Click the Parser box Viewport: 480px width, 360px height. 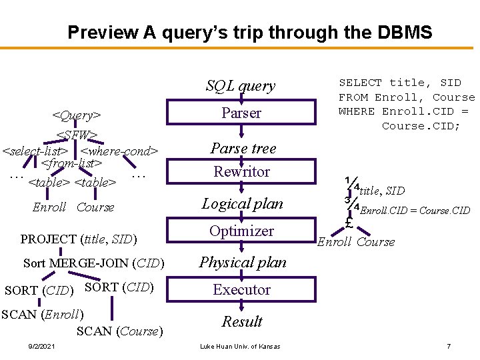[x=241, y=113]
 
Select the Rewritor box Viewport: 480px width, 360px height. [x=241, y=172]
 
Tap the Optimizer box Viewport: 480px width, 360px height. [x=241, y=231]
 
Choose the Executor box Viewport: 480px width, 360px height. [x=241, y=290]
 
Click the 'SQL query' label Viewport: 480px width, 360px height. [x=241, y=85]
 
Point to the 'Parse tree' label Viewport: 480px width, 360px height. [x=243, y=148]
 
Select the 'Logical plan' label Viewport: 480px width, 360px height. [x=243, y=203]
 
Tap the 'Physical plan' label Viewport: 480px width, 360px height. [x=243, y=262]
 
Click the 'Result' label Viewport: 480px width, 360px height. [x=242, y=321]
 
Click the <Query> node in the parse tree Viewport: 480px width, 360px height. [x=77, y=116]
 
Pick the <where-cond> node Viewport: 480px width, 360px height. [x=119, y=151]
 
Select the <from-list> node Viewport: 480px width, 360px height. [x=71, y=163]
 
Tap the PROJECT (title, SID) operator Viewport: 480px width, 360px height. [x=79, y=239]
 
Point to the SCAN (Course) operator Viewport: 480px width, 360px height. [x=120, y=331]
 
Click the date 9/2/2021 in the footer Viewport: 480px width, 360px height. [x=41, y=346]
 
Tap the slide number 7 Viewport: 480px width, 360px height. [x=449, y=346]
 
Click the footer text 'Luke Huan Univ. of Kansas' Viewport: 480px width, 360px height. [x=241, y=346]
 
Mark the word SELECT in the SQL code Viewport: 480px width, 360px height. [x=361, y=83]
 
